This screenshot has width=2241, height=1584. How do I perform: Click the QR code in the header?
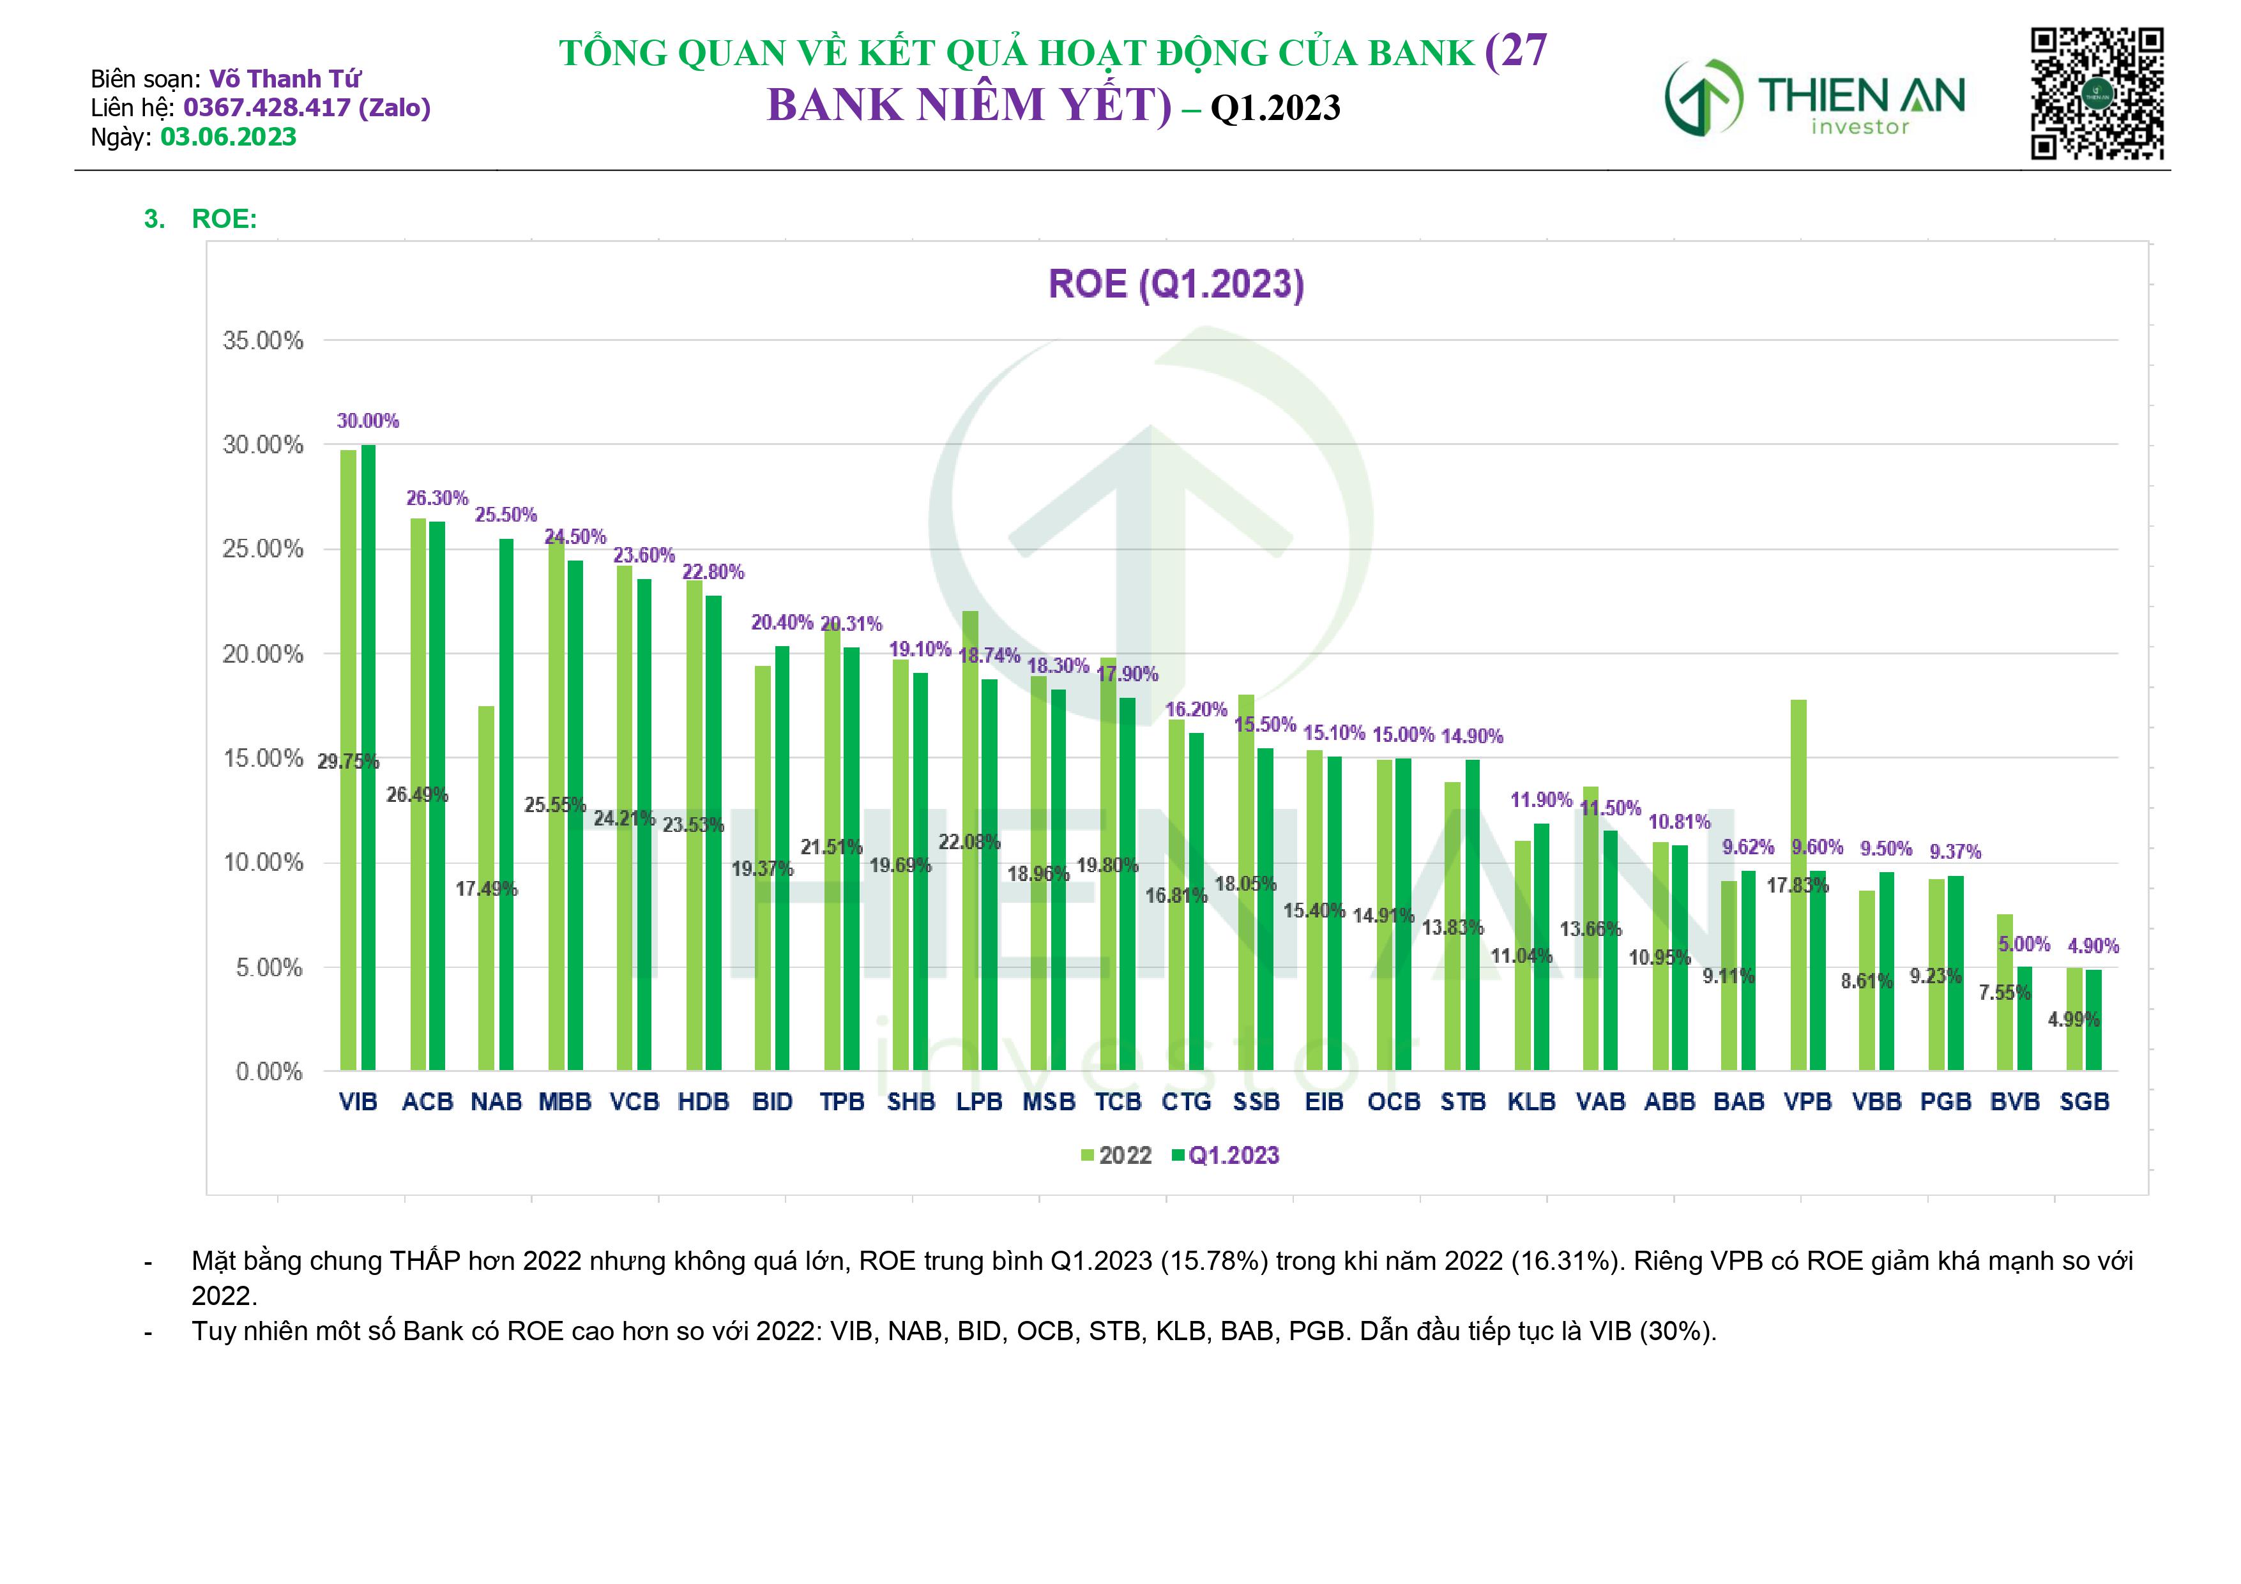coord(2097,94)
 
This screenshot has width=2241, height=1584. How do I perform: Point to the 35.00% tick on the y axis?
coord(262,340)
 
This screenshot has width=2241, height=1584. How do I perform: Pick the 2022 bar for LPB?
coord(970,840)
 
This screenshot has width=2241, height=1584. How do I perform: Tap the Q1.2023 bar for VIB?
coord(368,757)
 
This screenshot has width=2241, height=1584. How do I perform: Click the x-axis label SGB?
coord(2084,1102)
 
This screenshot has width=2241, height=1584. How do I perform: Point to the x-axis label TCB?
coord(1118,1102)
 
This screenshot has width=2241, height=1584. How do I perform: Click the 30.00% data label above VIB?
coord(368,421)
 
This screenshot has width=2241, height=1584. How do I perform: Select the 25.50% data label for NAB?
coord(506,515)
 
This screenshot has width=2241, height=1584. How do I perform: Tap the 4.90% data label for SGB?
coord(2093,946)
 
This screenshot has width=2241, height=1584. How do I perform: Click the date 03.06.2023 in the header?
coord(229,137)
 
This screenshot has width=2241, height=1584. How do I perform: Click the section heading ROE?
coord(224,218)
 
